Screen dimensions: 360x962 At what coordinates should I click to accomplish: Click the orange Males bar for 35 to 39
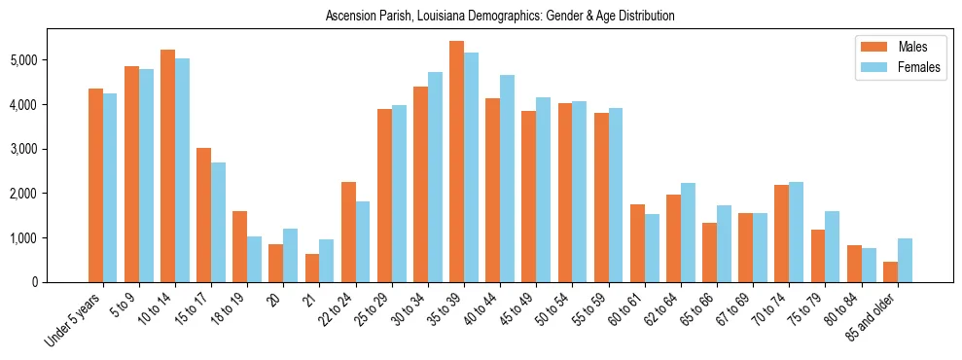click(x=456, y=162)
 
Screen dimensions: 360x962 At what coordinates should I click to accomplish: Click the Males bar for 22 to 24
click(x=348, y=232)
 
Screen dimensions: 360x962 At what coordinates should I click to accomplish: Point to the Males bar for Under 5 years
click(x=95, y=185)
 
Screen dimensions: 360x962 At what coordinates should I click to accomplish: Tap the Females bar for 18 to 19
click(x=255, y=259)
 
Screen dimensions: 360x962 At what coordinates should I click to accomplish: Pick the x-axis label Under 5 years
click(x=76, y=320)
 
